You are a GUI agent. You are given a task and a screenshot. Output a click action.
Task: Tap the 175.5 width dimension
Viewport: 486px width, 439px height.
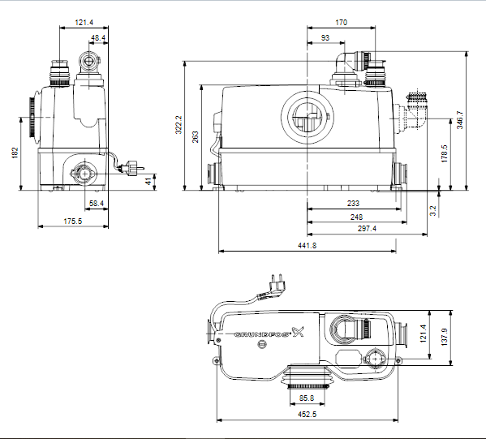(x=74, y=222)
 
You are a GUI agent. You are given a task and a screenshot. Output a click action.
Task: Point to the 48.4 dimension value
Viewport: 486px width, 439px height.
(x=97, y=38)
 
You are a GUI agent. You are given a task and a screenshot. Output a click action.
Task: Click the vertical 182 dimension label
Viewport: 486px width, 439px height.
(x=15, y=153)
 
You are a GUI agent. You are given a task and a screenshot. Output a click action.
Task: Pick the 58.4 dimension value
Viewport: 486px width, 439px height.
(x=97, y=203)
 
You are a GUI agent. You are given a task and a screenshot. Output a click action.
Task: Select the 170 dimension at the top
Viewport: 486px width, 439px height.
(x=341, y=23)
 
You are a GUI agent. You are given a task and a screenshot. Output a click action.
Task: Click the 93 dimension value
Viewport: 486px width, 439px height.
(x=325, y=38)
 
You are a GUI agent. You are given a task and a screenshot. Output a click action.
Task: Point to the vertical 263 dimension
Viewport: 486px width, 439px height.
(x=195, y=137)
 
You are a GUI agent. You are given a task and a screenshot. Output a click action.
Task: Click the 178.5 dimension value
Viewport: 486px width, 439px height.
(x=444, y=153)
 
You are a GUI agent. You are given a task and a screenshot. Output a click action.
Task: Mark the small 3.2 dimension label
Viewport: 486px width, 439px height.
(x=433, y=210)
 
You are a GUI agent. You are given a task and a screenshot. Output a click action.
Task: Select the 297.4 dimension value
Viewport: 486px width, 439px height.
(x=366, y=229)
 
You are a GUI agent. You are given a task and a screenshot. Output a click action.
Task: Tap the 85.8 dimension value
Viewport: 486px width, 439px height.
(x=307, y=398)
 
